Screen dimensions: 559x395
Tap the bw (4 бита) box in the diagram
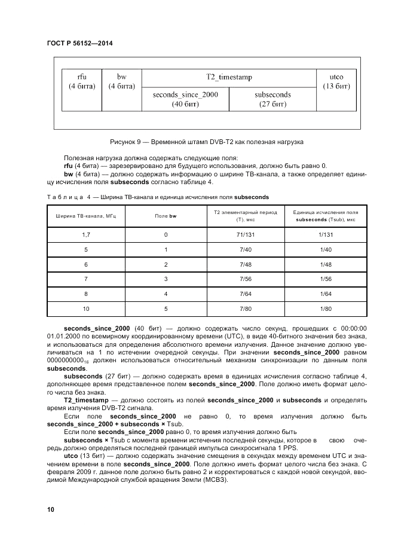click(x=121, y=82)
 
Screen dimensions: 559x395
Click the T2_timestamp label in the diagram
click(x=229, y=77)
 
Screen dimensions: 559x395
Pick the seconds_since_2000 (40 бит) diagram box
click(x=185, y=99)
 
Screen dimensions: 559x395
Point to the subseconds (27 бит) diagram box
click(x=272, y=99)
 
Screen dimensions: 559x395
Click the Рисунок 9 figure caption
click(x=207, y=142)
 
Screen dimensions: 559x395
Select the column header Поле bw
click(x=166, y=216)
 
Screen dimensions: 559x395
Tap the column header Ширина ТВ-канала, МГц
click(x=86, y=216)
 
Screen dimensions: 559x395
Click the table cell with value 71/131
click(x=246, y=234)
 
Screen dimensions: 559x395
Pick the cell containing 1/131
click(x=325, y=234)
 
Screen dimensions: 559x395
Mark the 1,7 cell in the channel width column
click(x=86, y=234)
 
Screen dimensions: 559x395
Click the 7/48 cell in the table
click(x=246, y=264)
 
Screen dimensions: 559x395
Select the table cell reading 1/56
click(x=325, y=278)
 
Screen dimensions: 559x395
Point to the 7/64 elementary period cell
click(x=246, y=293)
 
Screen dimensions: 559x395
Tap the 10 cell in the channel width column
click(x=86, y=308)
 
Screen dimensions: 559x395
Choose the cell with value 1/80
click(x=325, y=308)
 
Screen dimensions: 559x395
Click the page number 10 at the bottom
click(x=51, y=509)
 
